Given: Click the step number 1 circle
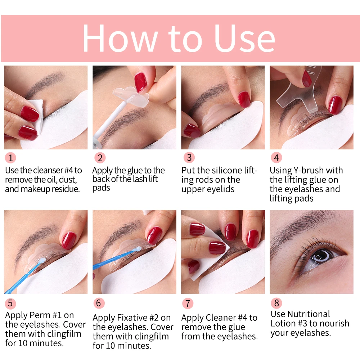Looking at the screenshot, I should click(x=10, y=158).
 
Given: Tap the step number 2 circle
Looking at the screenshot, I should click(x=100, y=158).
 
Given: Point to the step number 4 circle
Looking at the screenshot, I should click(x=276, y=158).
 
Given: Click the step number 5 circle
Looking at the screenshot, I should click(x=10, y=303).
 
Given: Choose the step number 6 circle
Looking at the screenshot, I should click(x=100, y=303).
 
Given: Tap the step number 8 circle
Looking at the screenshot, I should click(x=276, y=303).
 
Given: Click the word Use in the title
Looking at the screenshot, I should click(x=244, y=39).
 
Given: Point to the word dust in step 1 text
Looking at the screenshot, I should click(x=69, y=180).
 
